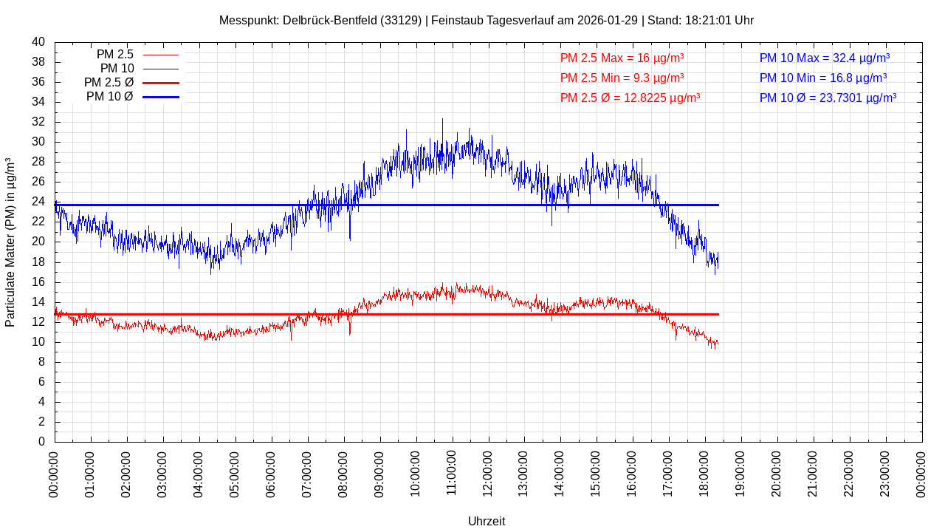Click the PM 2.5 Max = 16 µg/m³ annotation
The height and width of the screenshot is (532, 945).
point(622,58)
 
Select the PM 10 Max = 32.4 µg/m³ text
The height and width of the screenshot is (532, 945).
point(824,58)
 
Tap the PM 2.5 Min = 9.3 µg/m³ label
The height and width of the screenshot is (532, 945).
point(622,78)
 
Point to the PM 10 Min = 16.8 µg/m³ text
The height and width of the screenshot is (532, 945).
point(822,78)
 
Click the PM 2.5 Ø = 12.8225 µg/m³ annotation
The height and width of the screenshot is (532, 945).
point(630,98)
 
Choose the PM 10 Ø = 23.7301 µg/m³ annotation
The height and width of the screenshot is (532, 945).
point(828,98)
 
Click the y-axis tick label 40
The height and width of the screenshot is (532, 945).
point(38,42)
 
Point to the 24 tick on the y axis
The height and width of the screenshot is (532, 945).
point(38,202)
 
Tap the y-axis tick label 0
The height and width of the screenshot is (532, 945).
point(41,442)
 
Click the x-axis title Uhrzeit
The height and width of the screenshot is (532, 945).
point(487,521)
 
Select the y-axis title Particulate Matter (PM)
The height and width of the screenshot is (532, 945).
point(10,242)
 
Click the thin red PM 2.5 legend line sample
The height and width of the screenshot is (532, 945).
point(160,55)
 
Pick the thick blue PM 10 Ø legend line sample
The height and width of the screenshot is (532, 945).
point(160,97)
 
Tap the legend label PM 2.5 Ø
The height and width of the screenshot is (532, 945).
point(109,83)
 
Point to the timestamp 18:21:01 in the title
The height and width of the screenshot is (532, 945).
point(708,21)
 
